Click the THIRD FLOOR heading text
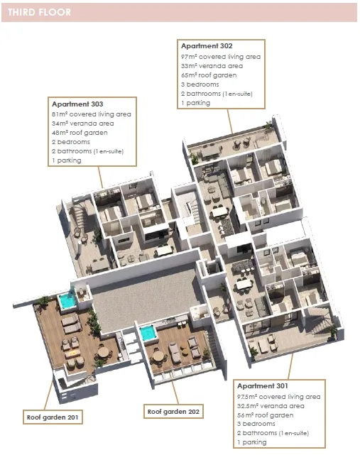pyautogui.click(x=39, y=12)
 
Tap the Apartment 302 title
pyautogui.click(x=207, y=45)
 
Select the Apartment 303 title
pyautogui.click(x=77, y=104)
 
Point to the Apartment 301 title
pyautogui.click(x=263, y=385)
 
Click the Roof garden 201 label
pyautogui.click(x=53, y=417)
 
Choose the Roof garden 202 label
pyautogui.click(x=173, y=412)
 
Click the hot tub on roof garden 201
pyautogui.click(x=67, y=301)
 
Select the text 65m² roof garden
pyautogui.click(x=209, y=75)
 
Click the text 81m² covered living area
pyautogui.click(x=92, y=114)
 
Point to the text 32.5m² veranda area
pyautogui.click(x=271, y=406)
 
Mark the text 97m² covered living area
pyautogui.click(x=221, y=57)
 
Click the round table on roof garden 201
pyautogui.click(x=103, y=352)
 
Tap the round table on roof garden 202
pyautogui.click(x=158, y=356)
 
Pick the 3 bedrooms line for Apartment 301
pyautogui.click(x=256, y=424)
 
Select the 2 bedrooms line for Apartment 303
pyautogui.click(x=71, y=142)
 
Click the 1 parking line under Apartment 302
pyautogui.click(x=195, y=103)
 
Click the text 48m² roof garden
pyautogui.click(x=80, y=133)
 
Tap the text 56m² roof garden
pyautogui.click(x=266, y=415)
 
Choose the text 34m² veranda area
pyautogui.click(x=83, y=124)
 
